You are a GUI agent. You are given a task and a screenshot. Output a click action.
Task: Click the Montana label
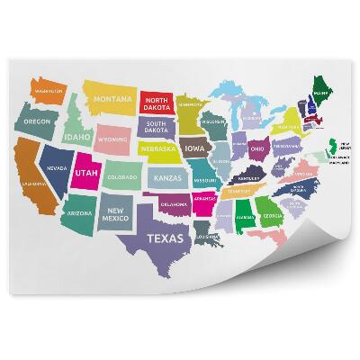click(113, 98)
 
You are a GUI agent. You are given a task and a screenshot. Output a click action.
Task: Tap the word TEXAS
click(164, 238)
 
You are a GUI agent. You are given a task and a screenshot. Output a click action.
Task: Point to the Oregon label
click(37, 121)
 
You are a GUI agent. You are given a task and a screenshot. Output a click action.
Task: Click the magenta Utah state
click(86, 172)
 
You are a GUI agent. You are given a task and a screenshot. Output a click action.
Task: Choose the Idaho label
click(77, 137)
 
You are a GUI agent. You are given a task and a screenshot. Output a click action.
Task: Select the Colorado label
click(121, 177)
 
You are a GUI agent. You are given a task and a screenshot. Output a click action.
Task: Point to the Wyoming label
click(113, 140)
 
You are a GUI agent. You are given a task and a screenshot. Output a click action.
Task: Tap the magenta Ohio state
click(257, 148)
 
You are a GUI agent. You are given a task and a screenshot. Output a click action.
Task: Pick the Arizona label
click(78, 213)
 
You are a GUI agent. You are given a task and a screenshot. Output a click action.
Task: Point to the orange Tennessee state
click(239, 191)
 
